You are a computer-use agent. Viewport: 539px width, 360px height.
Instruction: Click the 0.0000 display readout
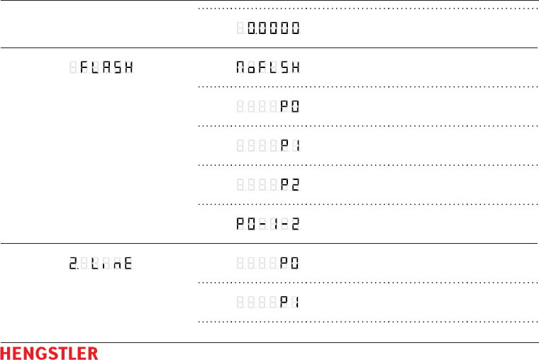click(273, 29)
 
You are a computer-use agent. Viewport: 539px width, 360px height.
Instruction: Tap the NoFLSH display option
click(268, 68)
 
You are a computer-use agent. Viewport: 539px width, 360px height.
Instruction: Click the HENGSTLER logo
click(49, 352)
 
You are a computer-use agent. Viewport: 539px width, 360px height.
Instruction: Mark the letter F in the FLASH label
click(85, 68)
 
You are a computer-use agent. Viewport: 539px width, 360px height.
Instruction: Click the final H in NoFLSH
click(294, 68)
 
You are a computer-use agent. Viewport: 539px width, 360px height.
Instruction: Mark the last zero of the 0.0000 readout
click(294, 29)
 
